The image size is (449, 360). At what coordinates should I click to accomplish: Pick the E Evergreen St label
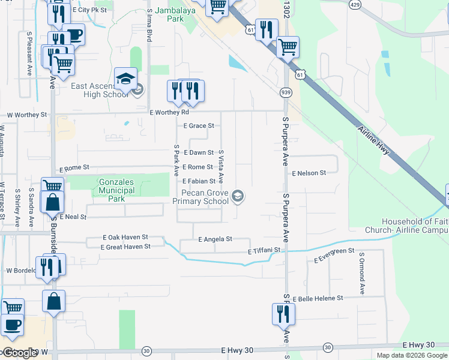334,255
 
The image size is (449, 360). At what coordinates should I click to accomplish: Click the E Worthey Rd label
169,112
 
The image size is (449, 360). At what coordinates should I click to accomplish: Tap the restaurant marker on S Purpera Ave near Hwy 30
283,314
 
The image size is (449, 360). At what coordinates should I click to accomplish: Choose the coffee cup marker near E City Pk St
74,34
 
